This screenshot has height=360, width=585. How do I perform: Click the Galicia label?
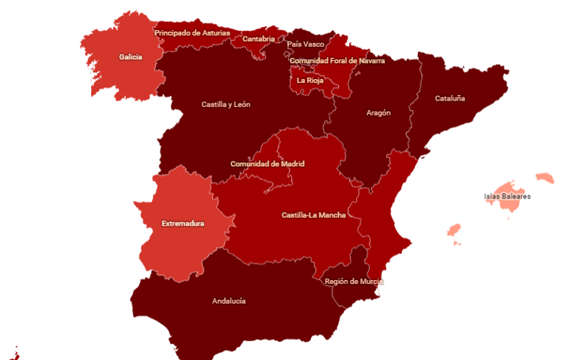[x=131, y=57]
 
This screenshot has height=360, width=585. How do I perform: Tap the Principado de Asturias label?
[x=192, y=33]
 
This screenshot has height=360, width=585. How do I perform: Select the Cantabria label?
[x=259, y=39]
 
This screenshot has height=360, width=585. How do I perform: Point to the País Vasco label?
[x=306, y=44]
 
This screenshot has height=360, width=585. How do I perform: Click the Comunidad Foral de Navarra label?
[x=337, y=60]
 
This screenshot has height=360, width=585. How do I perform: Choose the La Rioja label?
[x=310, y=80]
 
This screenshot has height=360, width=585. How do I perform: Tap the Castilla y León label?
[x=226, y=104]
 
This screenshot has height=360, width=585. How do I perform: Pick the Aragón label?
[x=378, y=112]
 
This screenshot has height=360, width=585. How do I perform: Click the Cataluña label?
[x=450, y=99]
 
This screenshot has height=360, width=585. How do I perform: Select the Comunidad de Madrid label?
[x=268, y=164]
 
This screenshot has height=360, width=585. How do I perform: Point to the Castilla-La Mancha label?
[x=313, y=215]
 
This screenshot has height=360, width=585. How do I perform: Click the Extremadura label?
[x=183, y=223]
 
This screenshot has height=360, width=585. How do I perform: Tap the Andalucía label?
[x=229, y=301]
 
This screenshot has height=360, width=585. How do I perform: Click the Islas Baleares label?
[x=507, y=196]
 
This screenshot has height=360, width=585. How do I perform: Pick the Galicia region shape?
[x=119, y=75]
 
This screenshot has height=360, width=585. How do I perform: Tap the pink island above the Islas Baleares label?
[x=545, y=178]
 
